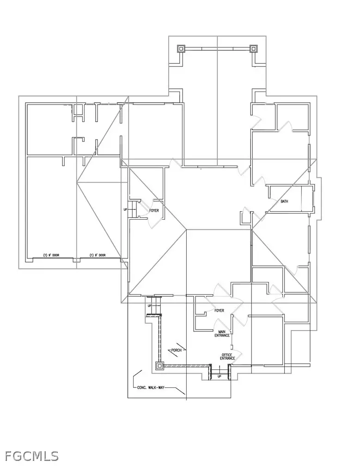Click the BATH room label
[x=285, y=202]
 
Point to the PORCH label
[x=176, y=350]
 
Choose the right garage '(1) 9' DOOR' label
[x=98, y=255]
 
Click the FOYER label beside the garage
[x=154, y=210]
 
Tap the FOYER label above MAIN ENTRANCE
[x=220, y=311]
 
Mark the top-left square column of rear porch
[x=181, y=49]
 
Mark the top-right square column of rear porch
[x=253, y=49]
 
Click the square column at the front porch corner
[x=159, y=366]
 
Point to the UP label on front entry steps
[x=220, y=377]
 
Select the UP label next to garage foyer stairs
[x=125, y=209]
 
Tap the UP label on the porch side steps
[x=149, y=306]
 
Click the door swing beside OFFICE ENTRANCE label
[x=239, y=355]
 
